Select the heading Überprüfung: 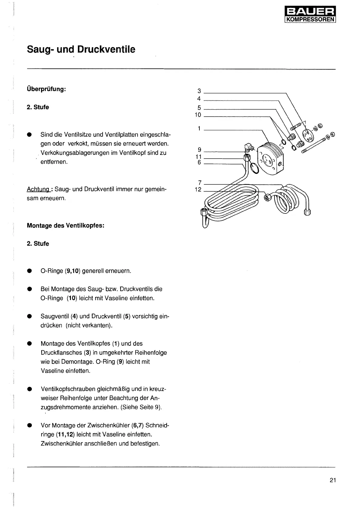pyautogui.click(x=46, y=89)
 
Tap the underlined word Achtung pyautogui.click(x=38, y=189)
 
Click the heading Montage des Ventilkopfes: pyautogui.click(x=66, y=226)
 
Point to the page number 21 pyautogui.click(x=333, y=480)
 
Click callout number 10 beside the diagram pyautogui.click(x=198, y=115)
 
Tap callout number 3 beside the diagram pyautogui.click(x=199, y=91)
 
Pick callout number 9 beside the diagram pyautogui.click(x=199, y=150)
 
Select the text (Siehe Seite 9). pyautogui.click(x=141, y=407)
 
